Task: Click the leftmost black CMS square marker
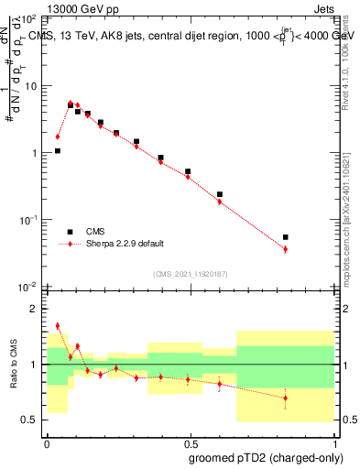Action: [x=58, y=151]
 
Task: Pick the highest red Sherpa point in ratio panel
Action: [x=58, y=325]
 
